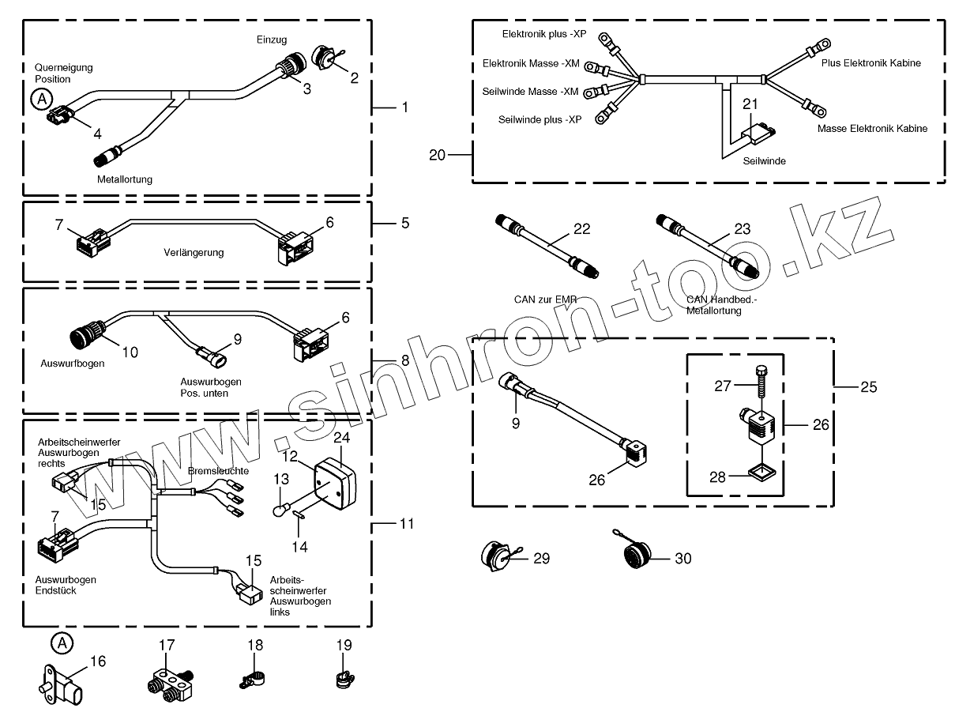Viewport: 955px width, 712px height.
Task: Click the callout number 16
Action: (x=96, y=661)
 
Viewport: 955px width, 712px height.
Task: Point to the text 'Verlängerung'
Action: (x=194, y=253)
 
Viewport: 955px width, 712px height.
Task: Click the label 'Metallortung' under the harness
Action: (x=125, y=179)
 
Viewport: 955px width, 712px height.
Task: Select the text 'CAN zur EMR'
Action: (x=544, y=300)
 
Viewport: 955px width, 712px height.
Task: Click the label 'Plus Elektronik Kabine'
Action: (x=871, y=62)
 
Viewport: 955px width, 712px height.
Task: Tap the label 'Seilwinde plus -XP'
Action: (x=540, y=119)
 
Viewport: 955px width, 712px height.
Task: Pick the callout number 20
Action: (x=438, y=155)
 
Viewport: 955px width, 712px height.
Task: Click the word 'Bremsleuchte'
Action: (x=218, y=471)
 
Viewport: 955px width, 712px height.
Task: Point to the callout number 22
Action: (x=582, y=229)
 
